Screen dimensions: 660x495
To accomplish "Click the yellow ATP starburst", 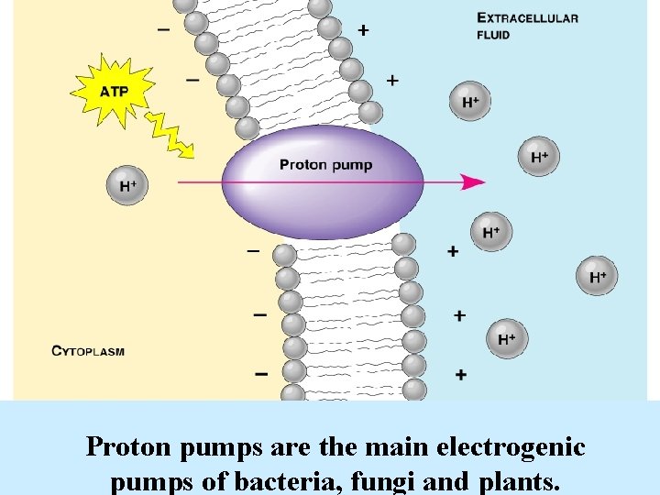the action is pyautogui.click(x=114, y=90).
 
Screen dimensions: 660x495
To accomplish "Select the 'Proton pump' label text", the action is pyautogui.click(x=325, y=165).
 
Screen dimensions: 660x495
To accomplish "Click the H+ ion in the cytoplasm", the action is pyautogui.click(x=127, y=186).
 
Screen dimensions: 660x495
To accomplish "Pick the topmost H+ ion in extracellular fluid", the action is pyautogui.click(x=469, y=102).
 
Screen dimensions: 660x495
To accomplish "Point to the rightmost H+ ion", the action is pyautogui.click(x=597, y=276).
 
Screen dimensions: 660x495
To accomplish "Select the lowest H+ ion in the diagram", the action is pyautogui.click(x=506, y=340).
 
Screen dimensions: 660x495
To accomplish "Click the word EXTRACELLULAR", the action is pyautogui.click(x=527, y=17).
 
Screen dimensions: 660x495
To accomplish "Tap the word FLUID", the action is pyautogui.click(x=493, y=35).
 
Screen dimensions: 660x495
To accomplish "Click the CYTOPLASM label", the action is pyautogui.click(x=88, y=350).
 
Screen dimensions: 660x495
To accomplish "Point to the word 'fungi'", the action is pyautogui.click(x=375, y=479).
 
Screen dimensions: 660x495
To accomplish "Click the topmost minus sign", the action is pyautogui.click(x=163, y=28).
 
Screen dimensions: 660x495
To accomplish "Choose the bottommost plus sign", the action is pyautogui.click(x=460, y=374).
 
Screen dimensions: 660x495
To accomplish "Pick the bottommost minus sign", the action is pyautogui.click(x=261, y=373).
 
